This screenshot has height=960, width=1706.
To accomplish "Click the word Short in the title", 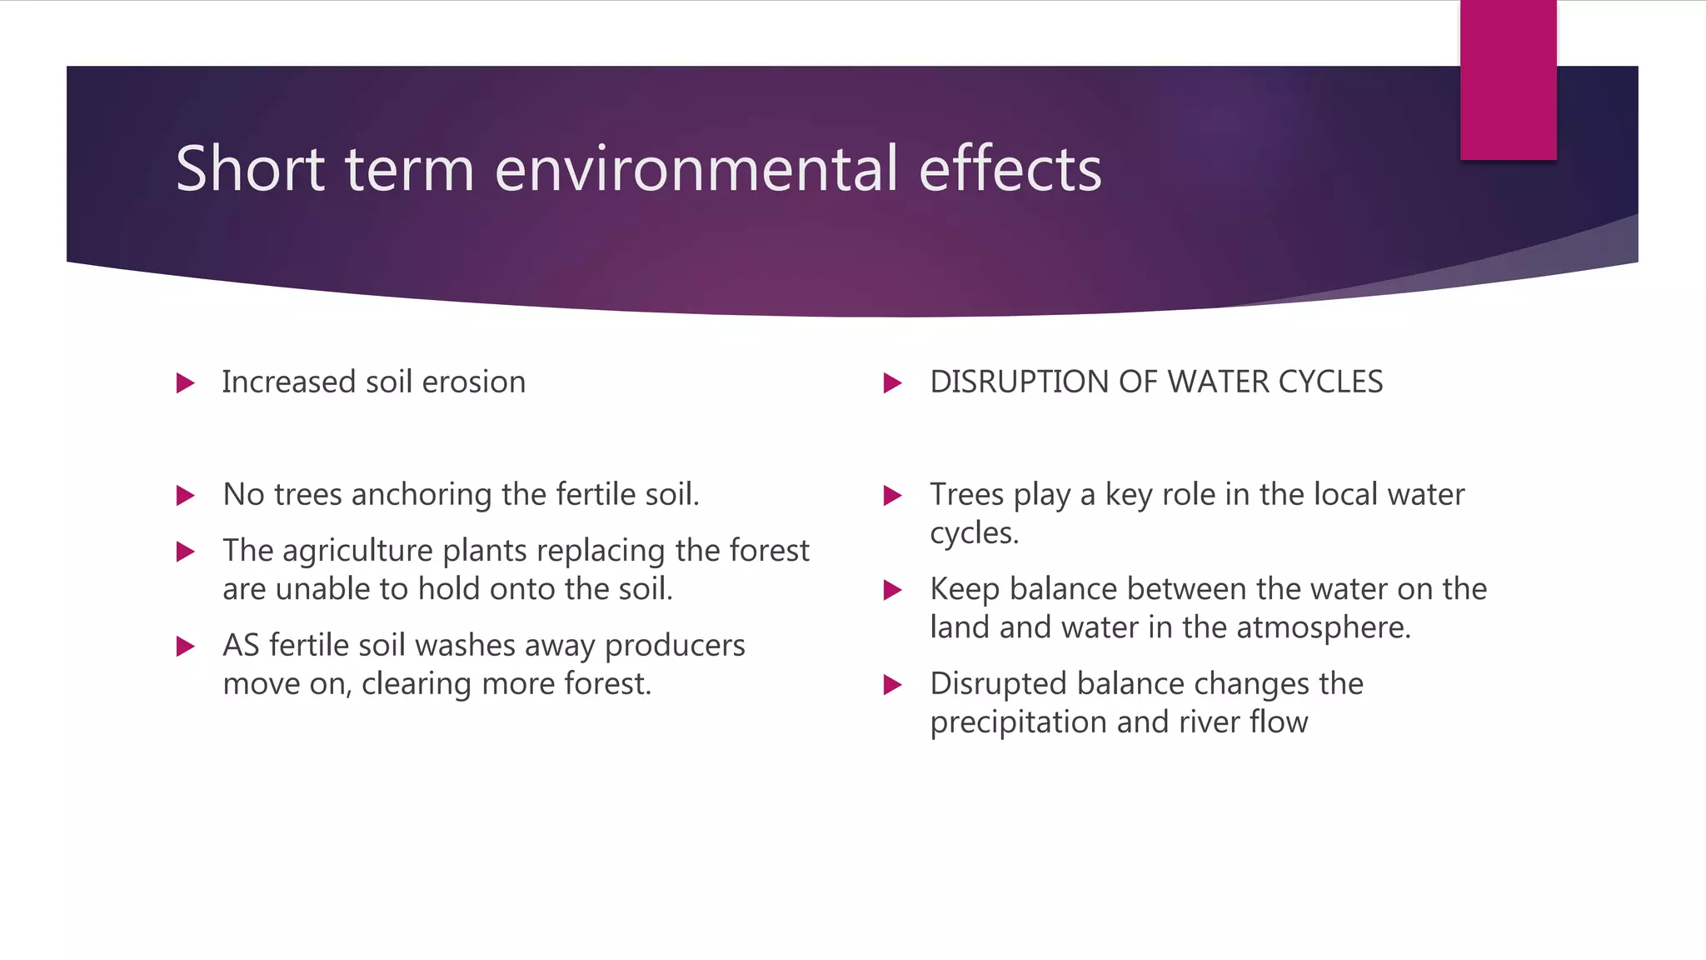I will click(x=250, y=169).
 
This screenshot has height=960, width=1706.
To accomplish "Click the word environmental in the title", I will click(x=696, y=169).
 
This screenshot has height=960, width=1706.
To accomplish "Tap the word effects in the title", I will click(x=1010, y=169).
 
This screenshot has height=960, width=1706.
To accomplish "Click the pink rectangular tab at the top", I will click(x=1508, y=80).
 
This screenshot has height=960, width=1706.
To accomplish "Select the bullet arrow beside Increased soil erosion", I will click(x=186, y=383).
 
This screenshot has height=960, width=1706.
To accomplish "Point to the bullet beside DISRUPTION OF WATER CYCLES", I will click(x=892, y=383).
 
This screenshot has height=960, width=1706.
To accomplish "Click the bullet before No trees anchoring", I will click(x=186, y=497).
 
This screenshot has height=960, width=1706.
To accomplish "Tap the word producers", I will click(x=675, y=646).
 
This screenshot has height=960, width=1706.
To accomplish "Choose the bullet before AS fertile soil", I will click(x=186, y=647).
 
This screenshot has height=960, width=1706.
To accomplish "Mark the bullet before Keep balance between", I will click(x=892, y=591).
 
